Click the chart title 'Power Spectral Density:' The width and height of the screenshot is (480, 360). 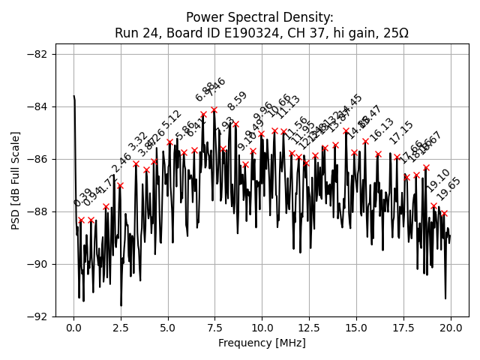[260, 17]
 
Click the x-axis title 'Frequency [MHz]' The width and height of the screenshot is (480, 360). [262, 343]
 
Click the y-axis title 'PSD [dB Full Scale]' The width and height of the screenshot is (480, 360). [15, 180]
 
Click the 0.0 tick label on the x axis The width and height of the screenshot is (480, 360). [73, 328]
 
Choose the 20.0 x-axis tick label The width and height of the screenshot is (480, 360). [451, 328]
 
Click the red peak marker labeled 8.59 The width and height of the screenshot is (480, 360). [235, 124]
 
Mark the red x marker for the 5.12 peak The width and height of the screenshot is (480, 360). [170, 142]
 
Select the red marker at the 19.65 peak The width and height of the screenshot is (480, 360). [444, 213]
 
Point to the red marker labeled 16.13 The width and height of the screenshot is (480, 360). [378, 154]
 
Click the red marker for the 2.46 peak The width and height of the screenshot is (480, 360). [120, 185]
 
